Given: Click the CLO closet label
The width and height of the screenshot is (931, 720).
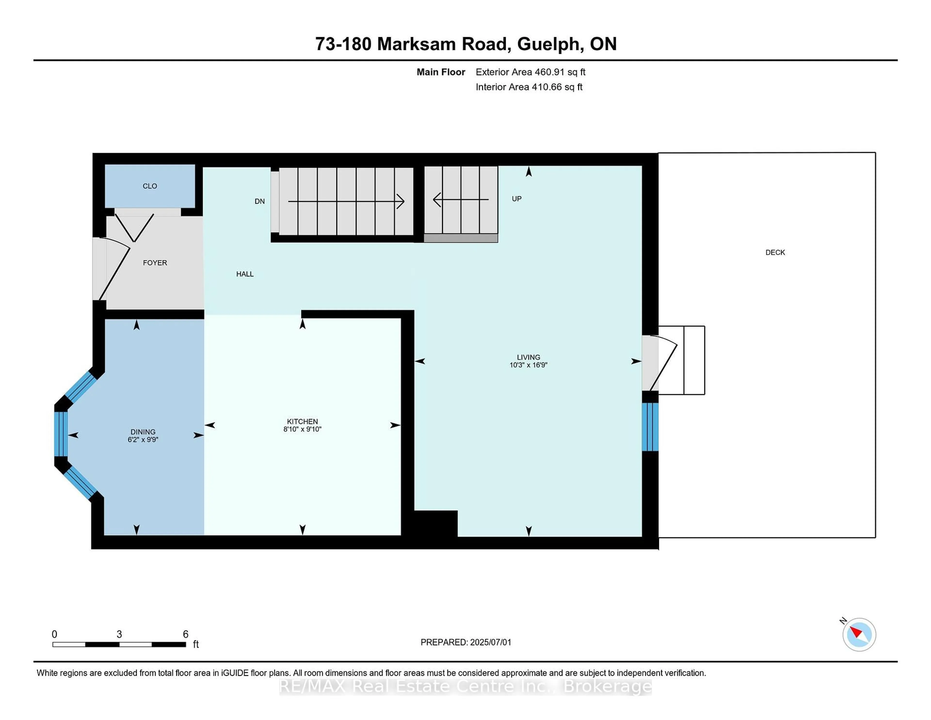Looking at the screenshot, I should pos(150,186).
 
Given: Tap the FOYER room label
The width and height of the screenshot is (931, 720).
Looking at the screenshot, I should pos(155,263).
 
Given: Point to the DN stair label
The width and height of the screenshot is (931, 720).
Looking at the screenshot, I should pos(260,201).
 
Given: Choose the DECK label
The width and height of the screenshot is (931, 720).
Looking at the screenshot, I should pos(775,253).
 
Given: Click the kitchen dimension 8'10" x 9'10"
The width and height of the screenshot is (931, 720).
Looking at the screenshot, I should pos(302,429).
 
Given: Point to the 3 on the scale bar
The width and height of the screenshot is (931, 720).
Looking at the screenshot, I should pos(119,634).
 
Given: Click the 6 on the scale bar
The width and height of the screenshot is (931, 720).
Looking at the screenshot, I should pos(185,634).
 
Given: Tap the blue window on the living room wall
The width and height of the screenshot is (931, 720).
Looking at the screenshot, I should pos(650,426).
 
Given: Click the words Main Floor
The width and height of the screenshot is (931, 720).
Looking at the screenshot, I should pos(441,72).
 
